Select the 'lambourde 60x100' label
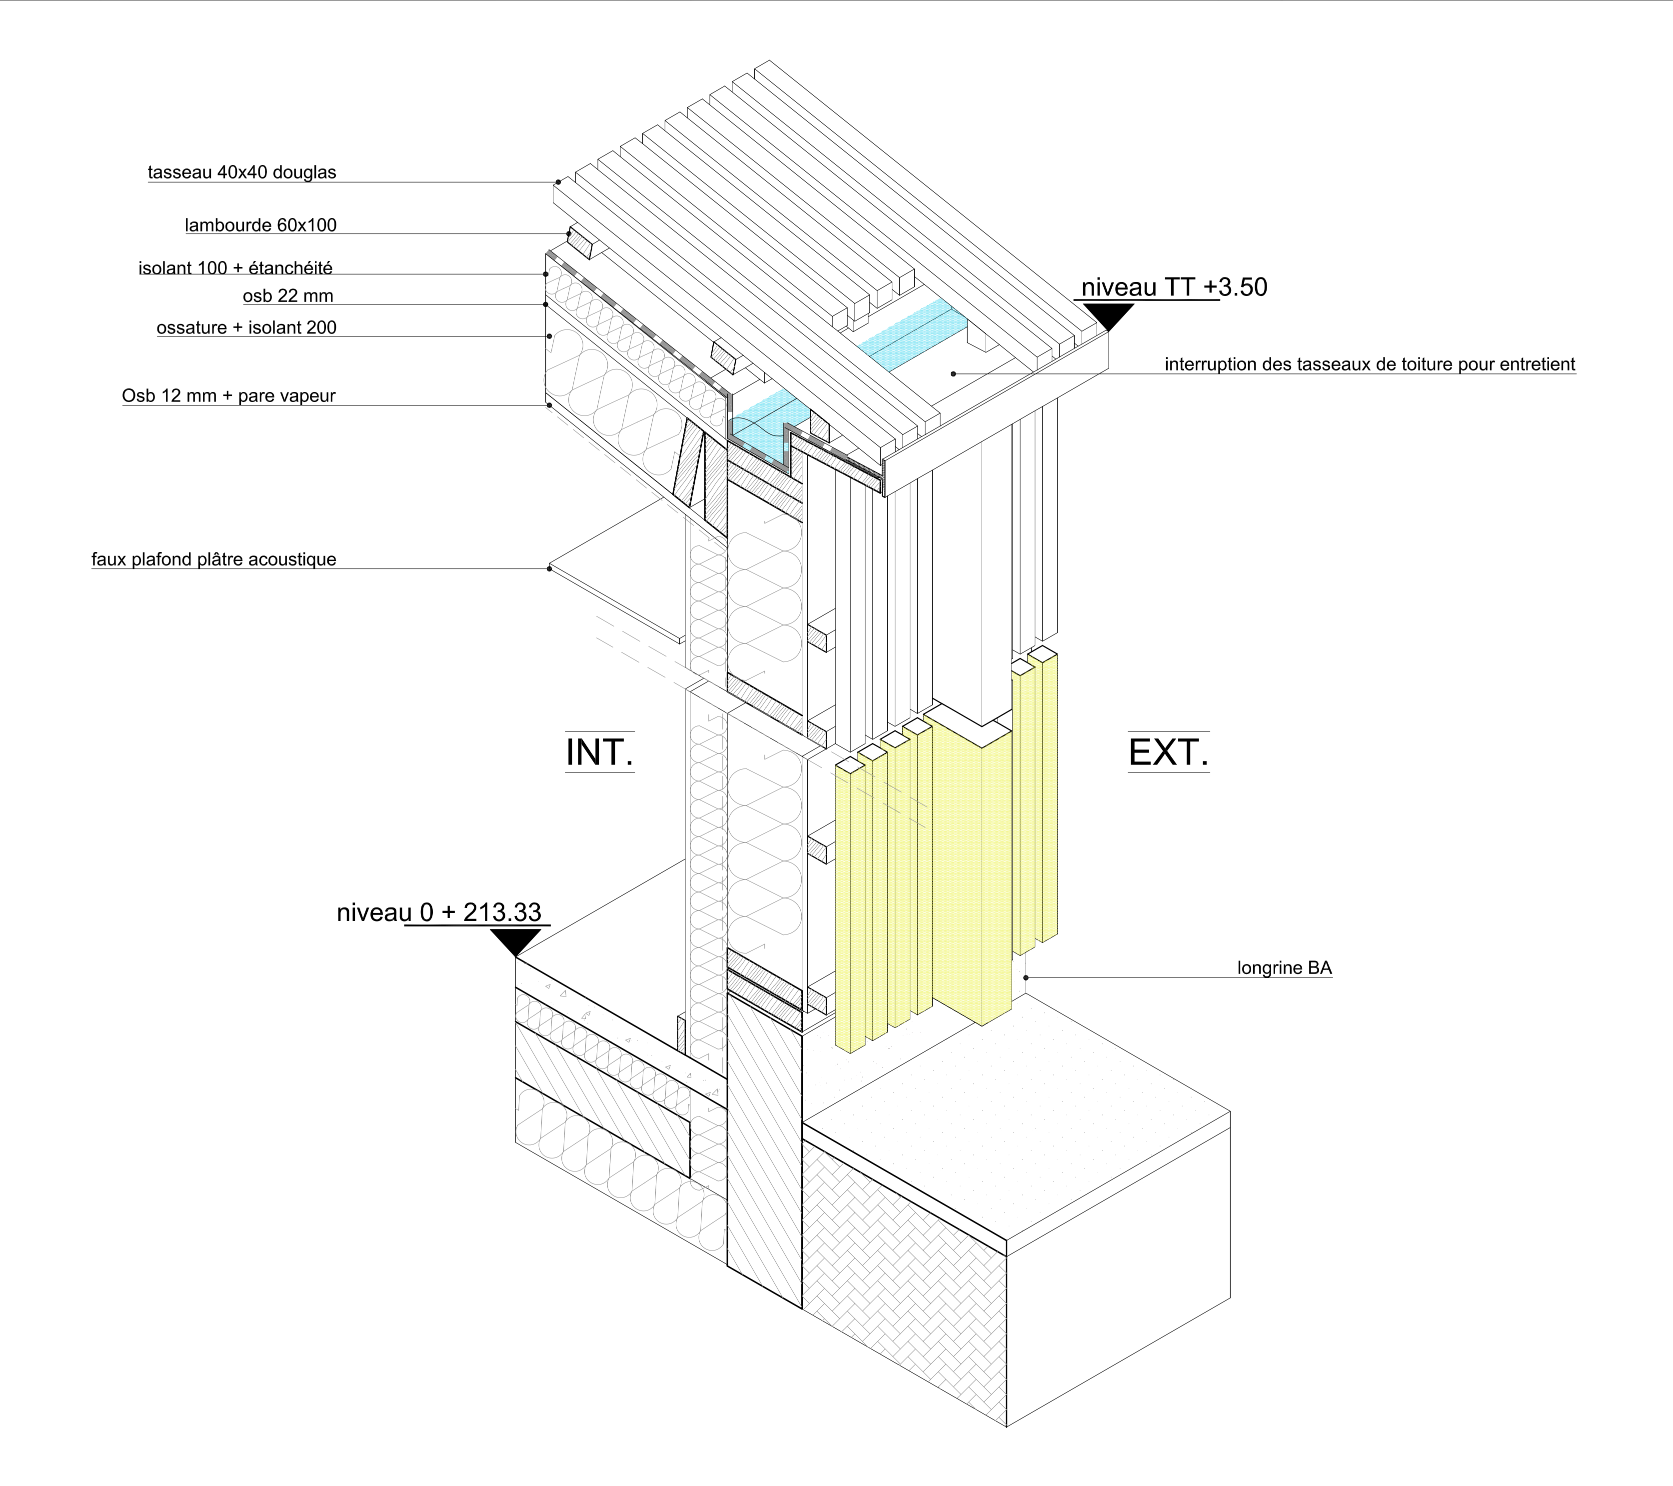tap(260, 225)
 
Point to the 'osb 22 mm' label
tap(287, 295)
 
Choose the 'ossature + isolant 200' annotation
tap(246, 327)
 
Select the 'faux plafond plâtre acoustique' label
tap(213, 559)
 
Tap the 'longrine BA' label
tap(1284, 967)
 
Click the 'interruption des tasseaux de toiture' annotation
tap(1369, 364)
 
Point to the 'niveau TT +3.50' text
tap(1174, 287)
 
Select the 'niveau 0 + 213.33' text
tap(439, 912)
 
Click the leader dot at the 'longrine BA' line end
tap(1026, 977)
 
